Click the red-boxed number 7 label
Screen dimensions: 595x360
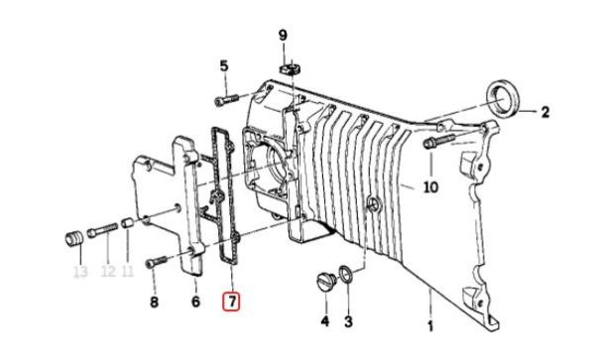click(x=232, y=301)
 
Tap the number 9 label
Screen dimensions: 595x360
click(x=283, y=36)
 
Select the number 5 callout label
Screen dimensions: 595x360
click(x=224, y=66)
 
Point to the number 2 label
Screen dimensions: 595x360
click(x=545, y=112)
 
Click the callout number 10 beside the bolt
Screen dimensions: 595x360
click(x=430, y=186)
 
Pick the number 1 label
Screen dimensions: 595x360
click(x=430, y=326)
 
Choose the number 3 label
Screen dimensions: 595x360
click(x=348, y=321)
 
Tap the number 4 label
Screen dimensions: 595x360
click(x=325, y=321)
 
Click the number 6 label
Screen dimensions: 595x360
click(x=195, y=301)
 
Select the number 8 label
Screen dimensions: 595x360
click(x=154, y=302)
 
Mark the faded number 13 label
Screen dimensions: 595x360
click(x=80, y=272)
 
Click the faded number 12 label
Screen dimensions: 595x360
click(x=108, y=271)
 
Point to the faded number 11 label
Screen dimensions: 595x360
click(x=128, y=271)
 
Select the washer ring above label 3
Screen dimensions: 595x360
click(x=345, y=275)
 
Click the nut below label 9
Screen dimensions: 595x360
click(x=291, y=69)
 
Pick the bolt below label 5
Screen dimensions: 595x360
click(x=226, y=100)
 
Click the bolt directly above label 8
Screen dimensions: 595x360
click(x=156, y=262)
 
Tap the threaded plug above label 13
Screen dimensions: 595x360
click(x=73, y=238)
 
